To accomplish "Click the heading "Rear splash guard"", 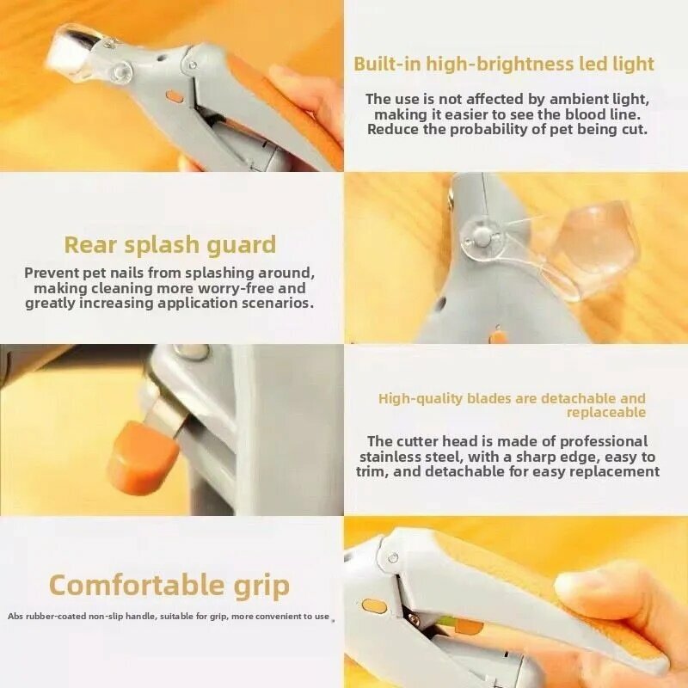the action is [x=170, y=245].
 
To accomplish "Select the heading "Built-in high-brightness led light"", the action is [x=504, y=64].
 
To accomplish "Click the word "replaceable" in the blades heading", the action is [x=606, y=413].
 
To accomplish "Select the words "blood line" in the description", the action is [x=602, y=114].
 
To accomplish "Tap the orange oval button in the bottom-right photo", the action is [x=373, y=606].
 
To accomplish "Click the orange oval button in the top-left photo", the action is [x=175, y=96].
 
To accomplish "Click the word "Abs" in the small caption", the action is [x=15, y=617].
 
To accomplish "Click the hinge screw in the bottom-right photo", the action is [x=393, y=558].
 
